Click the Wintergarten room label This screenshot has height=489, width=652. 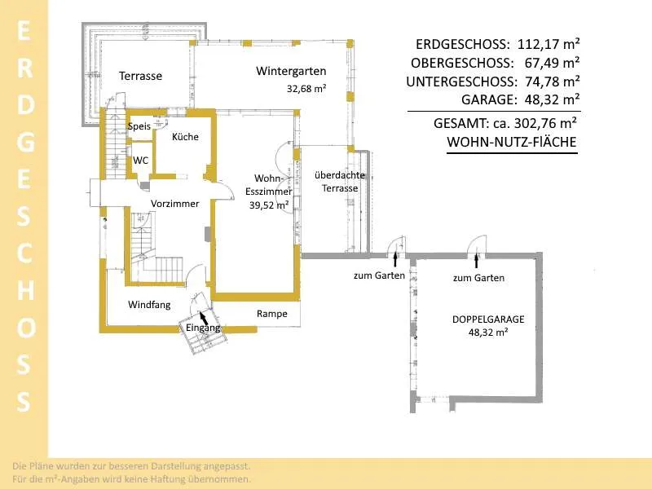point(291,72)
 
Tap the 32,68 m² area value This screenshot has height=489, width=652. point(306,89)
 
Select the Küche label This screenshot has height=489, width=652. point(186,137)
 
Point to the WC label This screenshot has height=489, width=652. point(140,161)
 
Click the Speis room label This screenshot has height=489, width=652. point(139,126)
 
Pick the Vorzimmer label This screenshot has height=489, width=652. point(174,204)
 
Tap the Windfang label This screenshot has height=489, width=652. point(149,305)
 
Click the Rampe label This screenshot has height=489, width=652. point(272,314)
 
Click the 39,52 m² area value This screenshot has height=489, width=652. point(269,205)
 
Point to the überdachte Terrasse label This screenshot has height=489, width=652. point(340,182)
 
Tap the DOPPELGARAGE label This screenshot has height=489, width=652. point(488,319)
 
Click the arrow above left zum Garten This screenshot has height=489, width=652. point(395,258)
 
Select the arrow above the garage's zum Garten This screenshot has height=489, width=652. point(476,261)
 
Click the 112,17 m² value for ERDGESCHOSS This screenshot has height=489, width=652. point(548,44)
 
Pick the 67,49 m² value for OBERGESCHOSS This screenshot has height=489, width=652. point(552,63)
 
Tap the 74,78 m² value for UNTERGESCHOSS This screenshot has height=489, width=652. point(553,81)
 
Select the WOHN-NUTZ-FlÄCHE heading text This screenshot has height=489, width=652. point(512,142)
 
